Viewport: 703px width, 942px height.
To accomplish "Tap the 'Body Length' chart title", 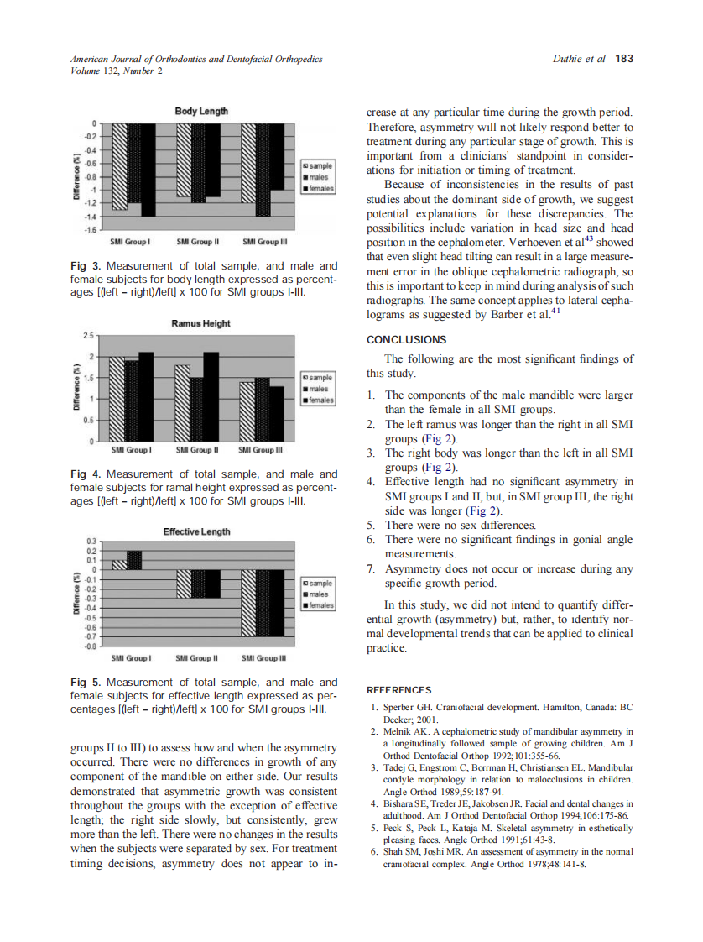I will click(200, 111).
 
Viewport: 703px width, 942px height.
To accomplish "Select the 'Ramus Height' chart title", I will click(200, 323).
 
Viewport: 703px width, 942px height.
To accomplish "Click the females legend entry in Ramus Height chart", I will click(319, 400).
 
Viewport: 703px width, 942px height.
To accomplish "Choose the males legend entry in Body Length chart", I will click(319, 177).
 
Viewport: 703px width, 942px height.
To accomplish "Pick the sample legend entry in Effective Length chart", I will click(319, 583).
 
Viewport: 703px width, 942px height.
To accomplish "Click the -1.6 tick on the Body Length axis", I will click(88, 229).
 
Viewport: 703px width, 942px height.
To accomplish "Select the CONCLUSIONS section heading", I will click(407, 340).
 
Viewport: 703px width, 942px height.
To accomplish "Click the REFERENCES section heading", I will click(399, 690).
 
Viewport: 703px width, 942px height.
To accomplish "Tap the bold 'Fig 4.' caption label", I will click(85, 474).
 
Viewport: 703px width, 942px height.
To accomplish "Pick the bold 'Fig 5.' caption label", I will click(85, 683).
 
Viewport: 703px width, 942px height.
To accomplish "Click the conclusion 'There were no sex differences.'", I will click(460, 526).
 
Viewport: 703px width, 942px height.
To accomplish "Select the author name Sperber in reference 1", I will click(399, 709).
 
